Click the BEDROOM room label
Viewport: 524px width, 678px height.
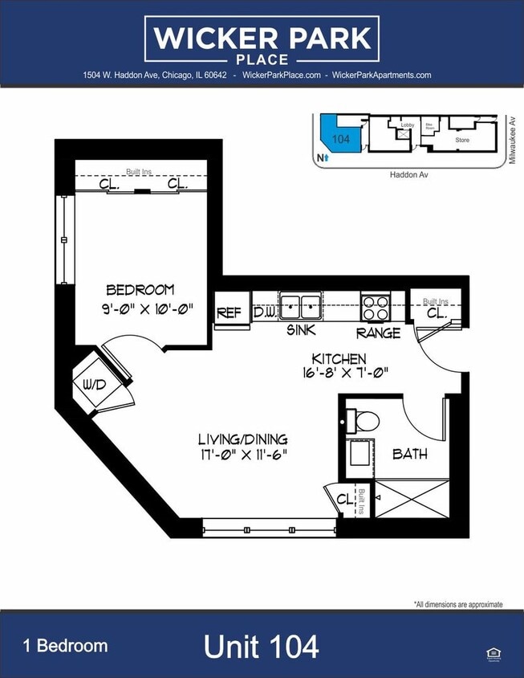(140, 290)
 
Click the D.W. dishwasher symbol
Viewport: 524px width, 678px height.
(264, 311)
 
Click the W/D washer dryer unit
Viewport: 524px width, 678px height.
(95, 385)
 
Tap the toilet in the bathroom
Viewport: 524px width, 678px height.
(364, 420)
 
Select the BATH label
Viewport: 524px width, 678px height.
(409, 454)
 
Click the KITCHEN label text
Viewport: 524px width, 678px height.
(339, 358)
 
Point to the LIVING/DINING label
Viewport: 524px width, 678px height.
(242, 439)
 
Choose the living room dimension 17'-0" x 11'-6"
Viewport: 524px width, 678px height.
(242, 455)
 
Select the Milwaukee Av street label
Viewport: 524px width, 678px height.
(511, 141)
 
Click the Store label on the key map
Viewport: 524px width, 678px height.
(462, 140)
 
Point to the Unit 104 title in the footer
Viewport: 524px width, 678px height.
(261, 646)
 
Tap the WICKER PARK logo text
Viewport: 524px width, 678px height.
(262, 37)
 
